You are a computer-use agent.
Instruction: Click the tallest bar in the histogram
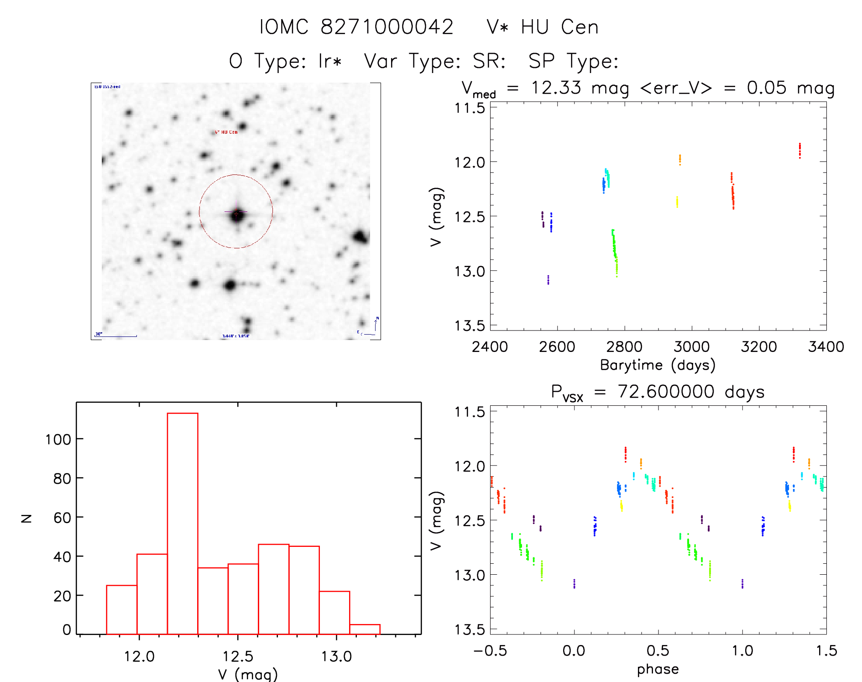point(183,523)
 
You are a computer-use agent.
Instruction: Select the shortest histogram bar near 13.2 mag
point(365,629)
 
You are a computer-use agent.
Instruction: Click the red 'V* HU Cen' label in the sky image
point(226,132)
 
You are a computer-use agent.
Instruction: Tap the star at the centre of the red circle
point(236,214)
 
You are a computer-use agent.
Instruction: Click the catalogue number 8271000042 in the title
point(387,27)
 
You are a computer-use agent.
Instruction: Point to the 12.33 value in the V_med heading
point(556,88)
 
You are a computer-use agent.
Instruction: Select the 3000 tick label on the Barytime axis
point(691,347)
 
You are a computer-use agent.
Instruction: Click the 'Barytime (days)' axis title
point(658,365)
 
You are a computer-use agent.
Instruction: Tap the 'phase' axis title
point(658,669)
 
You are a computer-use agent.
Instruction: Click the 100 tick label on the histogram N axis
point(58,440)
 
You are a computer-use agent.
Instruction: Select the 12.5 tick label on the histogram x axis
point(238,656)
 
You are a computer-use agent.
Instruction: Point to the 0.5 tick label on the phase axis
point(658,651)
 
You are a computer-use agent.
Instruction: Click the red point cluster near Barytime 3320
point(799,150)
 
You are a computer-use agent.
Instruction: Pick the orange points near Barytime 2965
point(679,159)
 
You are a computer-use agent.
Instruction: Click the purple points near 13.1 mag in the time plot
point(548,280)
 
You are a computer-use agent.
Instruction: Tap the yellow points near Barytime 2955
point(677,202)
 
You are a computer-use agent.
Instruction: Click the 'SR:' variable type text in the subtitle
point(489,61)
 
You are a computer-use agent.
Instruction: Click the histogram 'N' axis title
point(26,518)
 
